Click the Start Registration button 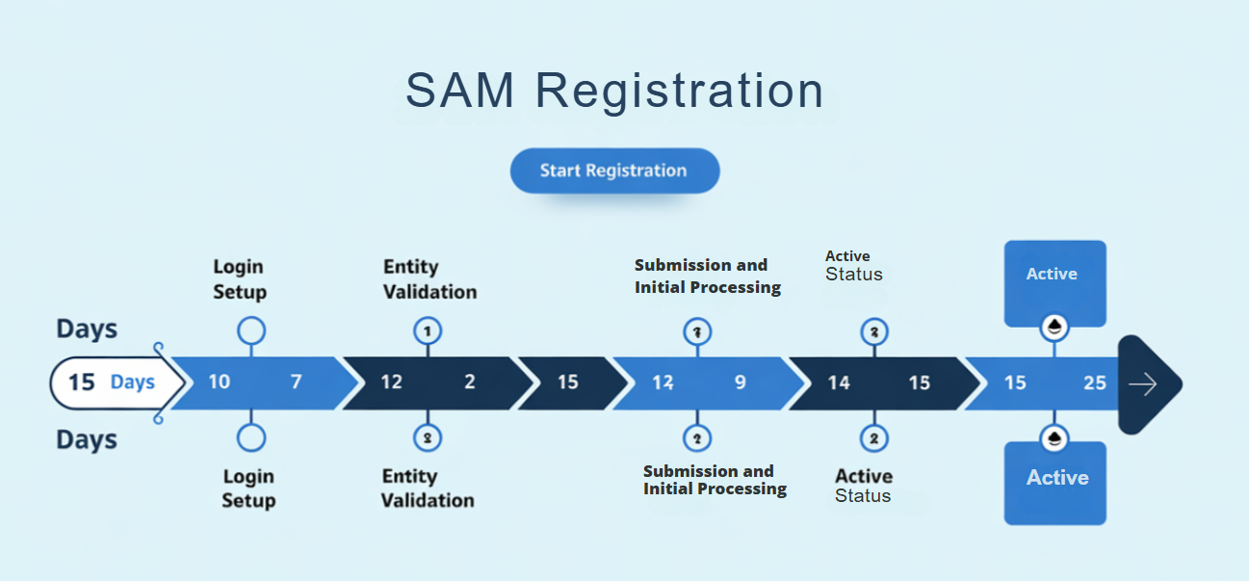[613, 171]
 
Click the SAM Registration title [614, 91]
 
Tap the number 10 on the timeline [220, 383]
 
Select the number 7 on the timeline [297, 383]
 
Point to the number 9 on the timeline [740, 383]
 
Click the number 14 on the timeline [839, 383]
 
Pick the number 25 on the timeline [1094, 383]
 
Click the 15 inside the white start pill [82, 383]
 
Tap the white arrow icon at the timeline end [1143, 384]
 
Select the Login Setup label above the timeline [239, 278]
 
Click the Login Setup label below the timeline [248, 489]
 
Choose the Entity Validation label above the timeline [429, 278]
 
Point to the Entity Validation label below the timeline [428, 489]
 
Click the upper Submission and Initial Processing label [707, 276]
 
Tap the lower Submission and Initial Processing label [715, 480]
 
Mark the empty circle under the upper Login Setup [251, 331]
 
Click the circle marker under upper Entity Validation [427, 331]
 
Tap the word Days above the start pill [87, 329]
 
